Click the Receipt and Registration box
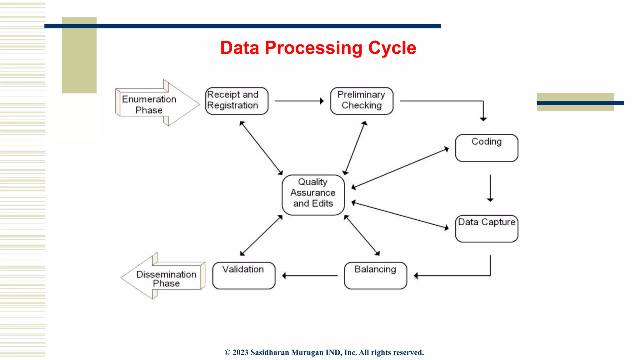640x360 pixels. [237, 101]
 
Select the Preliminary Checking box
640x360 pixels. [362, 101]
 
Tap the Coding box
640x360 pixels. [487, 148]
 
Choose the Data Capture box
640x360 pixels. [487, 228]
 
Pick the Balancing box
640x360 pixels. [375, 275]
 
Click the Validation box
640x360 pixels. [244, 275]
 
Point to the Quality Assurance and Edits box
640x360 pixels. [313, 195]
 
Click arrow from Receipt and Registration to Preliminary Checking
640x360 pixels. [299, 101]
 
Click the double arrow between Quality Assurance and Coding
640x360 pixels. [400, 168]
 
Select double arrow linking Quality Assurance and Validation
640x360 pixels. [261, 235]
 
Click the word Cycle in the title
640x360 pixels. [392, 48]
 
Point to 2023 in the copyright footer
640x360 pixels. [240, 352]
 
